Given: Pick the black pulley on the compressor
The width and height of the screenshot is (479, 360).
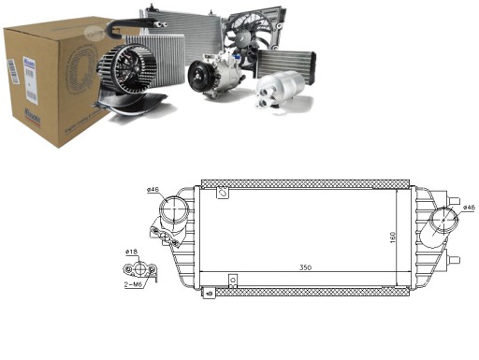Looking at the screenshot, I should pos(199,78).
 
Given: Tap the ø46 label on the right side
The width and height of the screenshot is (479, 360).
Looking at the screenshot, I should pos(467,207).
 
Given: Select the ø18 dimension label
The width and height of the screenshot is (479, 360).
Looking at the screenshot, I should pos(132,252).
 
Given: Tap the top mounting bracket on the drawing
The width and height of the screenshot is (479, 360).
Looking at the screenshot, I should pos(222,193).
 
